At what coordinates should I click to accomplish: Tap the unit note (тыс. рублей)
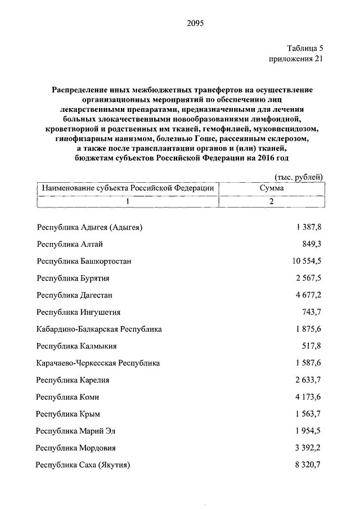pyautogui.click(x=300, y=177)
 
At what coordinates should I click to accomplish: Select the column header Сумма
pyautogui.click(x=271, y=188)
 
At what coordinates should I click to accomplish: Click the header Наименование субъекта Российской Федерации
pyautogui.click(x=128, y=188)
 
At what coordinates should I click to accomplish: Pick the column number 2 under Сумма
pyautogui.click(x=271, y=202)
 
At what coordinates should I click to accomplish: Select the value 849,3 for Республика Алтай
pyautogui.click(x=312, y=244)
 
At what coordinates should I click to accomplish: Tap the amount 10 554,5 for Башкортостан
pyautogui.click(x=307, y=261)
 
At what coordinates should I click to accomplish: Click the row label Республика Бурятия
pyautogui.click(x=73, y=278)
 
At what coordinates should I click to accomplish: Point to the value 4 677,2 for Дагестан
pyautogui.click(x=309, y=295)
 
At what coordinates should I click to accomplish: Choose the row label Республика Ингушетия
pyautogui.click(x=78, y=312)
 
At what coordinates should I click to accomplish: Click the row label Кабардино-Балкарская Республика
pyautogui.click(x=99, y=329)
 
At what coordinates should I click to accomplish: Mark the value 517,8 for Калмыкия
pyautogui.click(x=312, y=346)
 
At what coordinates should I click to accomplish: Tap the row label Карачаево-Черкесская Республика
pyautogui.click(x=98, y=363)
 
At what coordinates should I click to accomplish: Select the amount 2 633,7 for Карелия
pyautogui.click(x=309, y=380)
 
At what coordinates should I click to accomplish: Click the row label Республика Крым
pyautogui.click(x=68, y=414)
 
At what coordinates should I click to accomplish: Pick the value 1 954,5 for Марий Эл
pyautogui.click(x=309, y=431)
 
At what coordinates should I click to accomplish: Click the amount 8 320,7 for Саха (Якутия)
pyautogui.click(x=309, y=465)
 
